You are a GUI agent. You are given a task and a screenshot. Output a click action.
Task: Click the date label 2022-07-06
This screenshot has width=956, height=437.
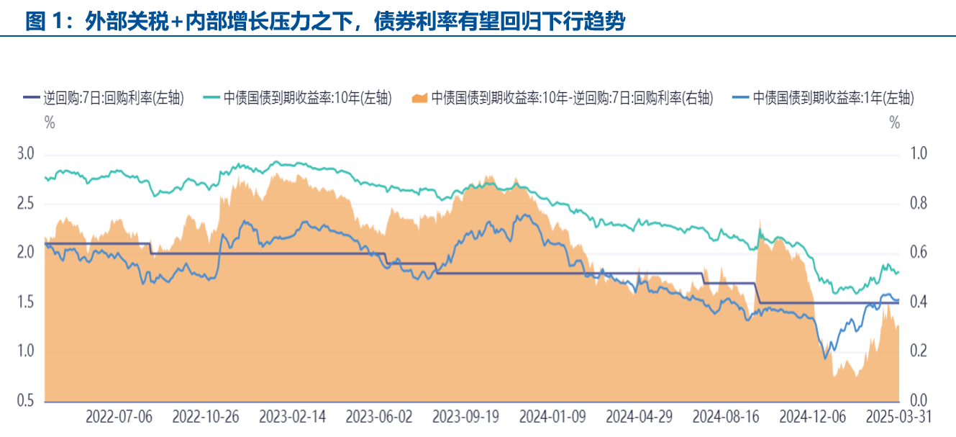click(119, 417)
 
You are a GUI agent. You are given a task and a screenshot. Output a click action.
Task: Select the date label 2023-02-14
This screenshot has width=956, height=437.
click(292, 417)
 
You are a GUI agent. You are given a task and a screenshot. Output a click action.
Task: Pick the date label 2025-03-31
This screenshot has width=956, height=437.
click(899, 417)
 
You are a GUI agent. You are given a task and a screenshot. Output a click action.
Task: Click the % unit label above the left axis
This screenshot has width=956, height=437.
click(50, 122)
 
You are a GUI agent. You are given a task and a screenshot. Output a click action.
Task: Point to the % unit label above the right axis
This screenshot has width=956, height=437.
click(894, 122)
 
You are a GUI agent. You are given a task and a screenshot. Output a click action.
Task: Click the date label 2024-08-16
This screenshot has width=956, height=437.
click(726, 417)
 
